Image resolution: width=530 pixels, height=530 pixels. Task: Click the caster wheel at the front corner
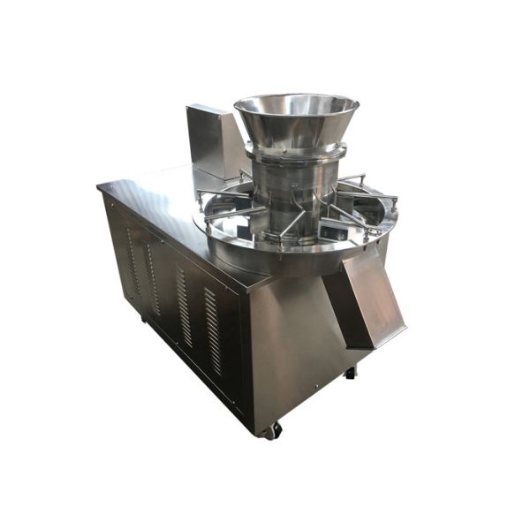click(275, 430)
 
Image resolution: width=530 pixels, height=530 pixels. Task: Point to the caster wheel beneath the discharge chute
click(351, 373)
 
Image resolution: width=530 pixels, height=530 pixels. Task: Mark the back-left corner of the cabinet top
click(100, 185)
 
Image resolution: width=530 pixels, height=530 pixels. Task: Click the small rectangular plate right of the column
click(333, 231)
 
